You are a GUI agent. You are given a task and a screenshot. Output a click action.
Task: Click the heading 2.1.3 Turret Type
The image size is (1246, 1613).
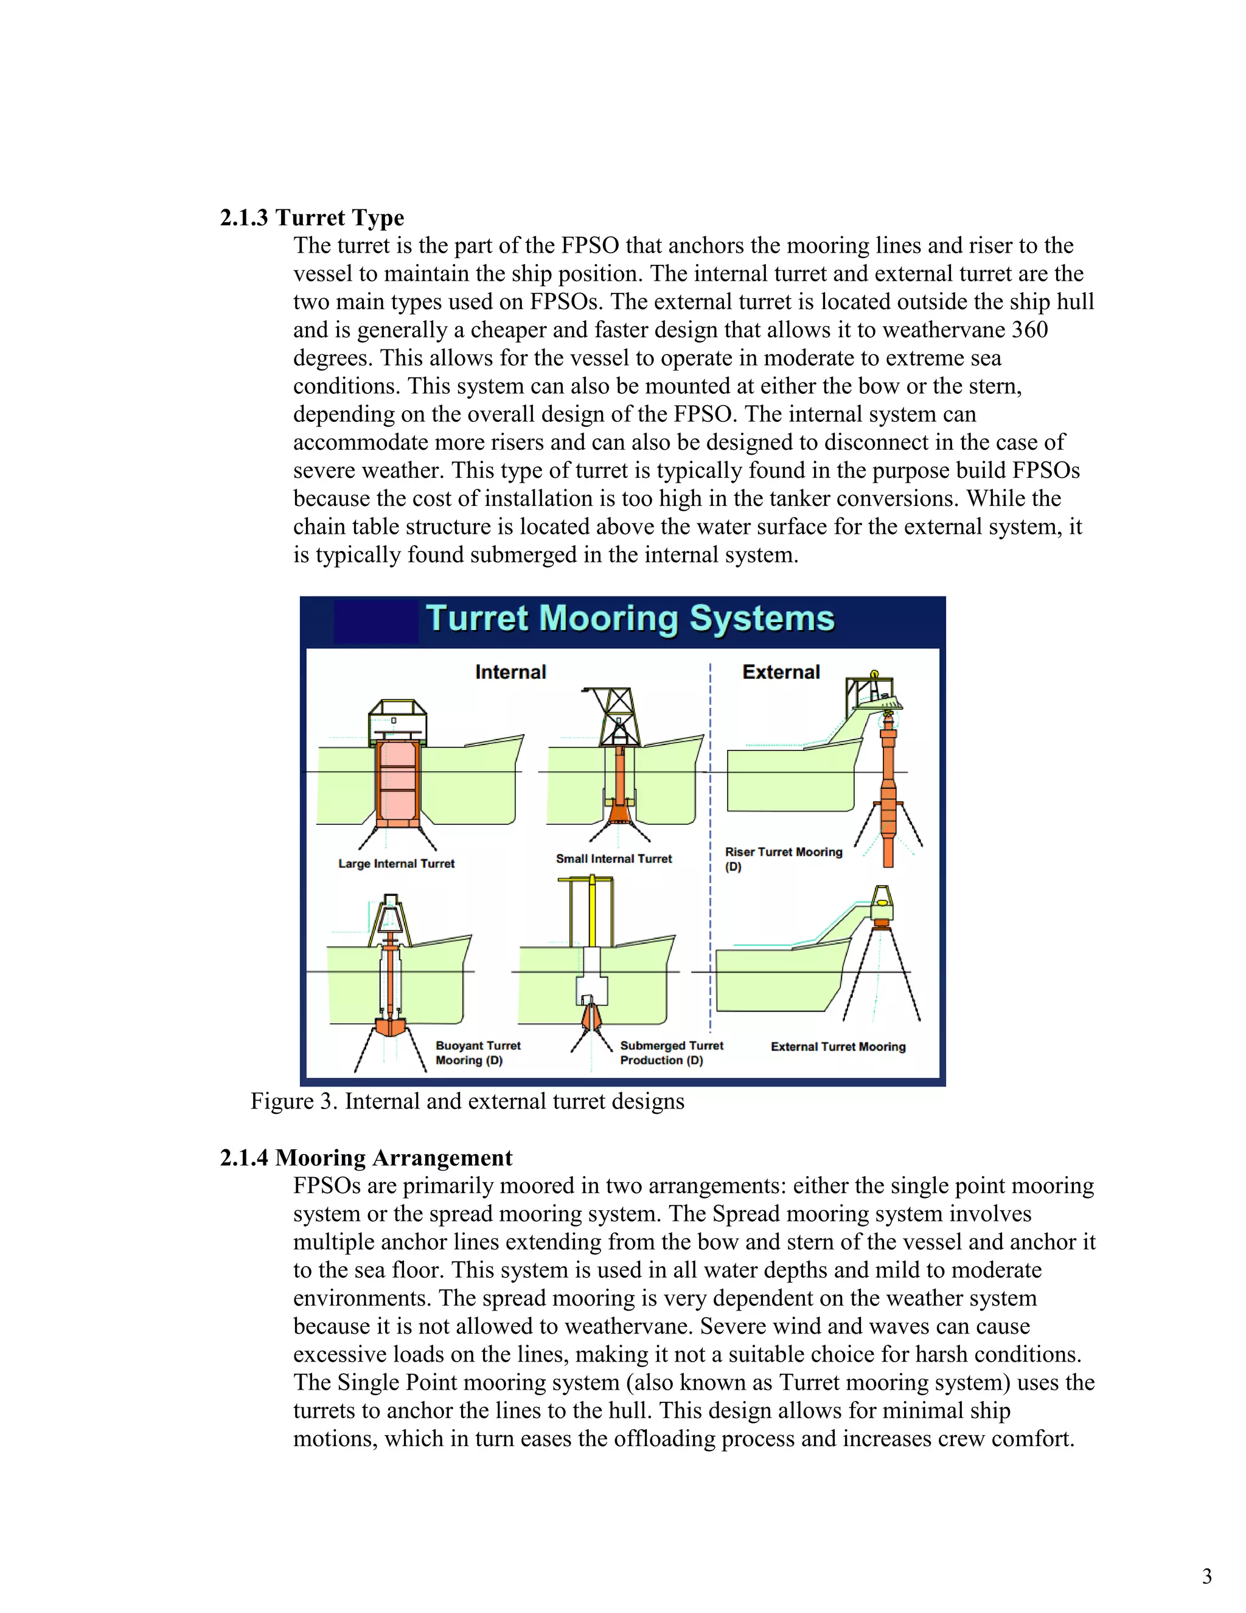pyautogui.click(x=311, y=218)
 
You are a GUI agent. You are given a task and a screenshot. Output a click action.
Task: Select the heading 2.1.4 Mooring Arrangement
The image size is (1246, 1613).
pyautogui.click(x=366, y=1157)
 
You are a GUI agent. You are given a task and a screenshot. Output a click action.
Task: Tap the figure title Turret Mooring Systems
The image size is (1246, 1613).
pyautogui.click(x=630, y=619)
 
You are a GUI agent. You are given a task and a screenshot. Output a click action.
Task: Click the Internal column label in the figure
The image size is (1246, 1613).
pyautogui.click(x=510, y=672)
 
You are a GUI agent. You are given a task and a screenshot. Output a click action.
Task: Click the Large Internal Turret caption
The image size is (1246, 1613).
pyautogui.click(x=397, y=863)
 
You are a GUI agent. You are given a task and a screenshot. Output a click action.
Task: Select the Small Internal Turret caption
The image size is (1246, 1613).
pyautogui.click(x=613, y=858)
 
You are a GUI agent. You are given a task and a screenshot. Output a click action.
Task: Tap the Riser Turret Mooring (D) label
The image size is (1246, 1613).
pyautogui.click(x=782, y=858)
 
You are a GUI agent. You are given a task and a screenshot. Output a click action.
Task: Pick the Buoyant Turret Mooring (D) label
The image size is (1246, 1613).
pyautogui.click(x=478, y=1052)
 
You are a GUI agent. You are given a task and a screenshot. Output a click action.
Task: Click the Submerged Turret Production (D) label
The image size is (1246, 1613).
pyautogui.click(x=671, y=1052)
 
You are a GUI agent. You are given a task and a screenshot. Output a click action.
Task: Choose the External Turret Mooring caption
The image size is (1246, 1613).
pyautogui.click(x=838, y=1046)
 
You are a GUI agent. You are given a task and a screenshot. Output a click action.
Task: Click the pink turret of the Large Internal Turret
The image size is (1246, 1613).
pyautogui.click(x=397, y=783)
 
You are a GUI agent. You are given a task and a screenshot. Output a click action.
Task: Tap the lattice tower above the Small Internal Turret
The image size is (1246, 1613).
pyautogui.click(x=618, y=713)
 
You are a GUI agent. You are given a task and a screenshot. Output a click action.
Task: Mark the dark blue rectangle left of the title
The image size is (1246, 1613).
pyautogui.click(x=376, y=621)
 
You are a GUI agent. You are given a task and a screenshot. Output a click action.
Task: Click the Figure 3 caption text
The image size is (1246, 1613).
pyautogui.click(x=467, y=1101)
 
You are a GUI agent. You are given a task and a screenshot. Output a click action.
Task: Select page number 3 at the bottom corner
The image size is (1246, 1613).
pyautogui.click(x=1206, y=1576)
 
